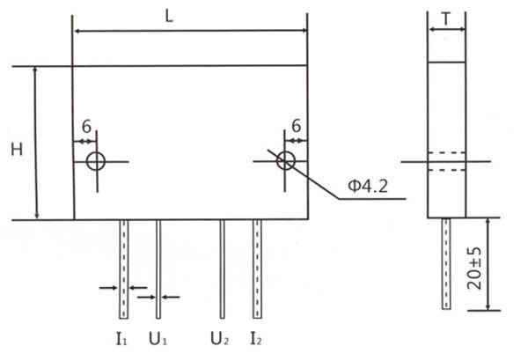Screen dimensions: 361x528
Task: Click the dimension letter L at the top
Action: pyautogui.click(x=189, y=15)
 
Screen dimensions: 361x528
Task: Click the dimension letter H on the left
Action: pyautogui.click(x=17, y=150)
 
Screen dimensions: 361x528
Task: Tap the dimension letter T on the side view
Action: pyautogui.click(x=446, y=18)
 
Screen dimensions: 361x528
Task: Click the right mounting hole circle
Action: pyautogui.click(x=285, y=161)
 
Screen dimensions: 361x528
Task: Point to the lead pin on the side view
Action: pyautogui.click(x=446, y=264)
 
